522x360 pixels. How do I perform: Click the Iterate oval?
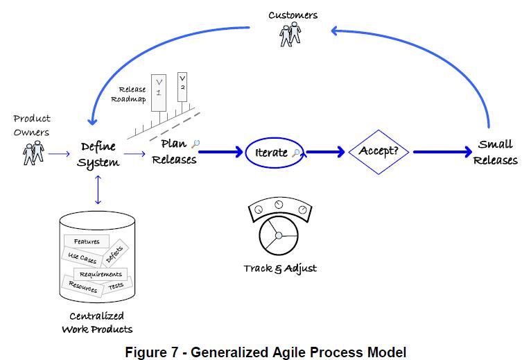[x=275, y=153]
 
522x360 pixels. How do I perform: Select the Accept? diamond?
[x=379, y=151]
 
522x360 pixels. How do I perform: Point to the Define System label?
[x=99, y=154]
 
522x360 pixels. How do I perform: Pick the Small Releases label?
[x=496, y=153]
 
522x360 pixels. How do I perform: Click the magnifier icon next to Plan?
[x=196, y=144]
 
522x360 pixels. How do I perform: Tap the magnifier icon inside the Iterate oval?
[x=297, y=153]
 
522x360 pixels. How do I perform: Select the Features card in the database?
[x=86, y=241]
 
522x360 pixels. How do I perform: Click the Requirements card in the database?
[x=100, y=274]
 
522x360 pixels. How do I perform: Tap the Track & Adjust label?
[x=279, y=268]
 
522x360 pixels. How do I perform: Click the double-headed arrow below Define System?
[x=98, y=189]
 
